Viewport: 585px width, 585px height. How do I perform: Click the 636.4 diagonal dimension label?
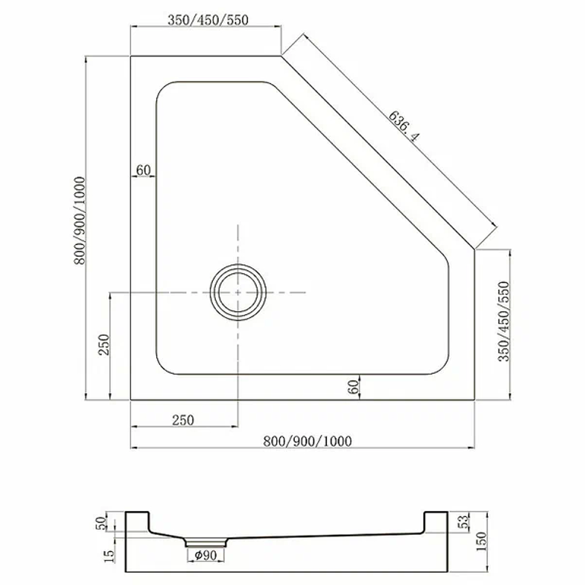[x=404, y=126]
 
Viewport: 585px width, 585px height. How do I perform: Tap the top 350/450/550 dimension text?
[x=208, y=20]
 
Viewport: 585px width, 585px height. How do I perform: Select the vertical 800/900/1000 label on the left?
[x=80, y=221]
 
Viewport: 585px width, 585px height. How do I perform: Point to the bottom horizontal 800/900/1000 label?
[x=308, y=441]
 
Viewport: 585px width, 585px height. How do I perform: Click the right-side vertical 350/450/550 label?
[x=504, y=321]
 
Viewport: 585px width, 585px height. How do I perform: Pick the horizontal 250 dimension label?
[x=183, y=421]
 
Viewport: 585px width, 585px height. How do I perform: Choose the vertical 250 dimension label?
[x=104, y=345]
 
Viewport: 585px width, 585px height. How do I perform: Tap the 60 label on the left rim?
[x=143, y=170]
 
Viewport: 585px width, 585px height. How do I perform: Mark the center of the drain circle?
[x=238, y=292]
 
